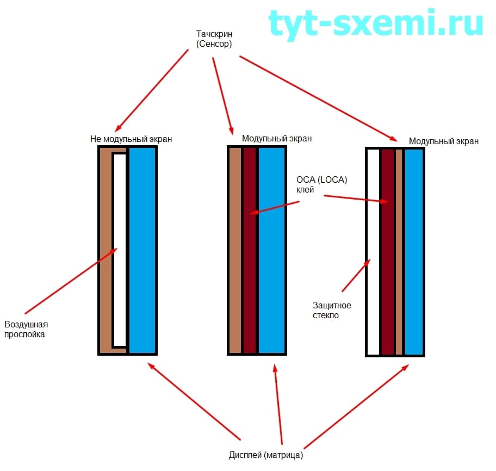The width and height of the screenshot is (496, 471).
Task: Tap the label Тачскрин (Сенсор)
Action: [x=214, y=39]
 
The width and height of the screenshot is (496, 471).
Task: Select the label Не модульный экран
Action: [x=131, y=139]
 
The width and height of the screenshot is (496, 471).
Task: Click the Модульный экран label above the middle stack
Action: [x=277, y=138]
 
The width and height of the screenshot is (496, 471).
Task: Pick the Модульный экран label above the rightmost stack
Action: [x=444, y=141]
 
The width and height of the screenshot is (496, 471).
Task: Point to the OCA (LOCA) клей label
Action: [x=321, y=185]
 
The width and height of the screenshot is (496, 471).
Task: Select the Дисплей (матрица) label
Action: [x=266, y=455]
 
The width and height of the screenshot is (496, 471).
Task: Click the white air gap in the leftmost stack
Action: [x=120, y=250]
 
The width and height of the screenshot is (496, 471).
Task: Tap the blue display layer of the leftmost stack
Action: [x=142, y=250]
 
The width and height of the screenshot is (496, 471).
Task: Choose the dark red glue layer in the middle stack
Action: [x=249, y=250]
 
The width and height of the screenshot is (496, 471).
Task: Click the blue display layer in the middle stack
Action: [x=271, y=250]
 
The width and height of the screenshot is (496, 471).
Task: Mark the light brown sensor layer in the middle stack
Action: [x=235, y=250]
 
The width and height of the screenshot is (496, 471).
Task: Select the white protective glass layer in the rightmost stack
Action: [x=373, y=250]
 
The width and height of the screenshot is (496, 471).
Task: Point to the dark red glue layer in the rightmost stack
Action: [x=387, y=250]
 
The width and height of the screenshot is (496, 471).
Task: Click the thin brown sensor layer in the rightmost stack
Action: [x=399, y=250]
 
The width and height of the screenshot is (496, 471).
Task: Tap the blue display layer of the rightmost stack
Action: [x=413, y=250]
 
